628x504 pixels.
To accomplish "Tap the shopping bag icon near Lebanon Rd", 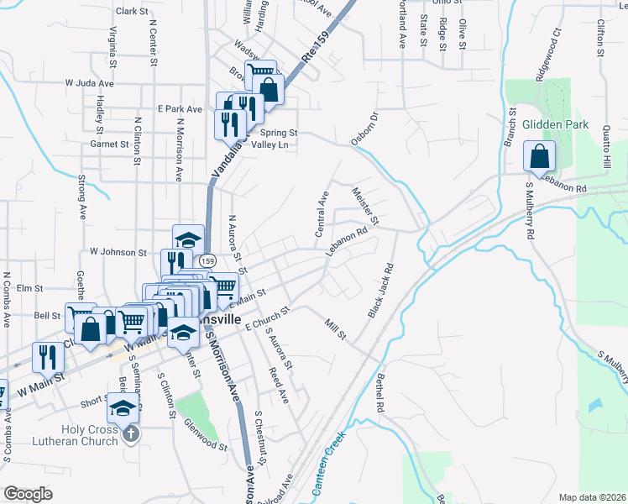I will (x=538, y=156).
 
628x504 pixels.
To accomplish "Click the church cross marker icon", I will (x=129, y=433).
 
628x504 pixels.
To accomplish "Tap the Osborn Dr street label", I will (x=365, y=128).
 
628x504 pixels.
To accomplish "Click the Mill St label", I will (x=335, y=328).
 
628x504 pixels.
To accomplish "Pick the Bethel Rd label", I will (x=380, y=394).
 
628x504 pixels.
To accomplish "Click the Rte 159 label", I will (x=313, y=52).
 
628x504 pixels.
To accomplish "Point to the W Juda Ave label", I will (x=89, y=84).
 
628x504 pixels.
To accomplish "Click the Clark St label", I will (x=132, y=11).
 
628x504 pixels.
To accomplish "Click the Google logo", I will (x=28, y=494).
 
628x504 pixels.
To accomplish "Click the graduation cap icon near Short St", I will (x=122, y=408).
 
